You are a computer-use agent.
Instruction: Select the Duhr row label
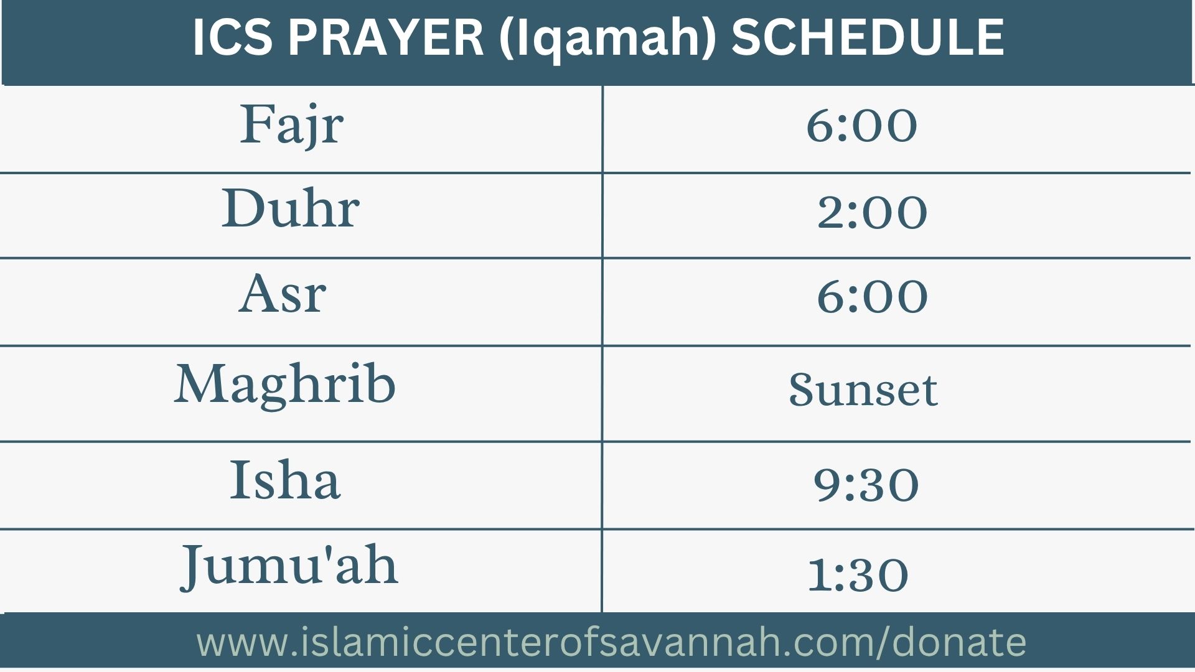pos(291,208)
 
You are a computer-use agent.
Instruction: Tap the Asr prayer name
pos(282,294)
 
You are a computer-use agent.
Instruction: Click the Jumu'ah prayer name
pos(289,566)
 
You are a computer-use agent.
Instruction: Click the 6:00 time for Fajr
pos(861,126)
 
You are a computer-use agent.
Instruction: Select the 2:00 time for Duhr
pos(872,212)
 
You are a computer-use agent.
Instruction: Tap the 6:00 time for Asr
pos(872,297)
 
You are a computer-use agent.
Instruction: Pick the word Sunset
pos(863,390)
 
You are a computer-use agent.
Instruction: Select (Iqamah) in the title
pos(607,39)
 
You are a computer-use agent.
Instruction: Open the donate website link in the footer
pos(611,643)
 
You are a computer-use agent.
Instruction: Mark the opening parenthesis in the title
pos(507,39)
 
